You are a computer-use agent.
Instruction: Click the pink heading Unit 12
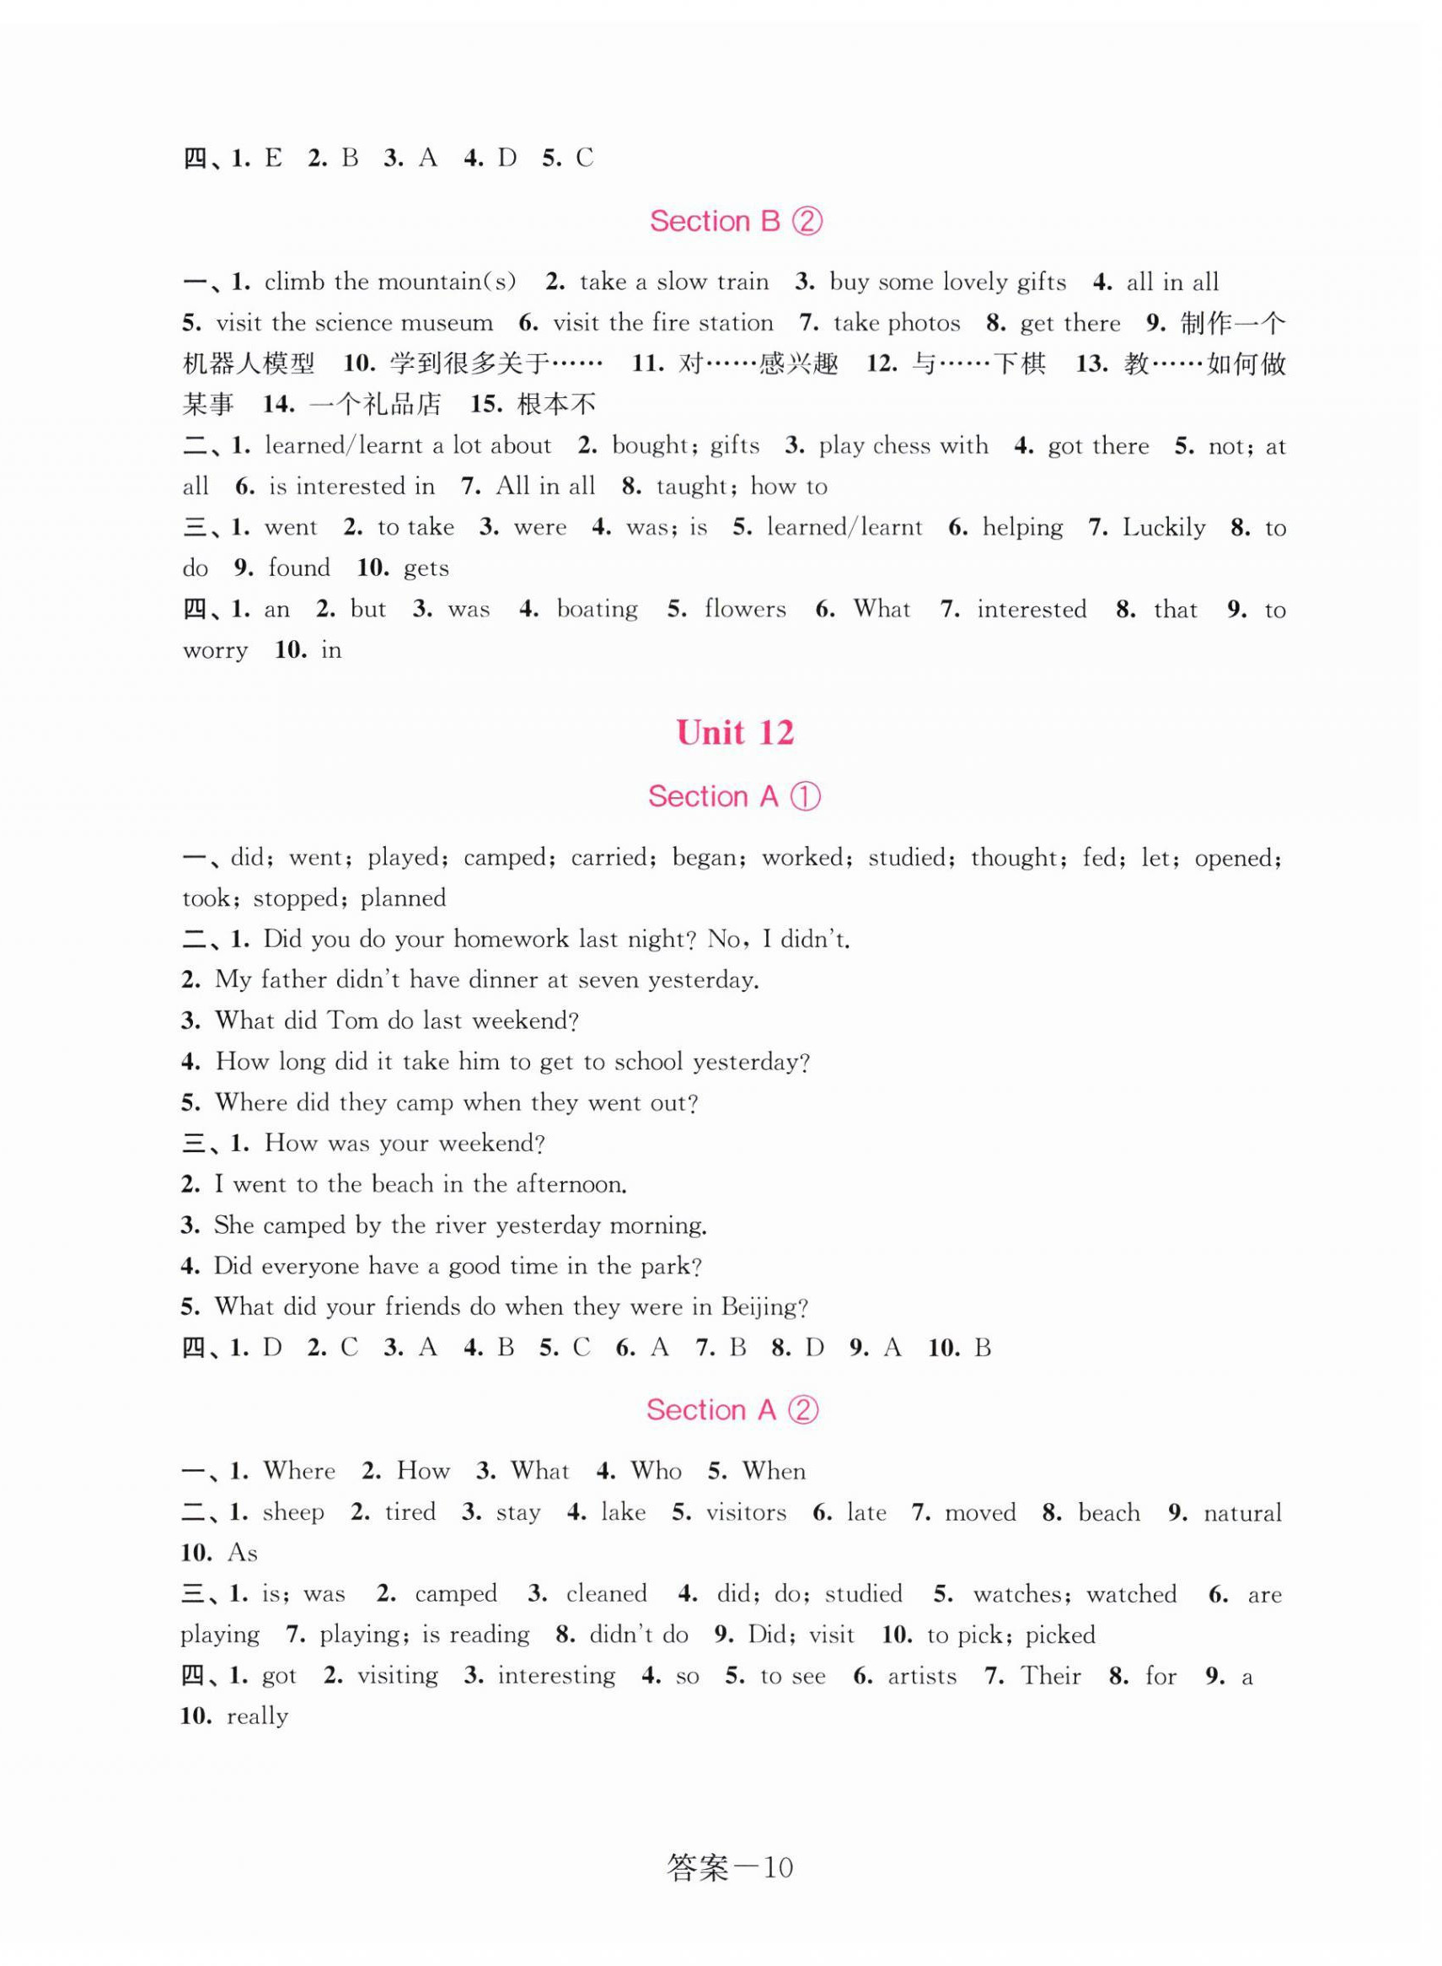tap(735, 733)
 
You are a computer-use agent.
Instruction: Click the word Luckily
tap(1164, 527)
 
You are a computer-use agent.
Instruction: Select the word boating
tap(597, 609)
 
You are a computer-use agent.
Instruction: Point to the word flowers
tap(744, 609)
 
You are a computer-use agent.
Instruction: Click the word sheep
tap(293, 1512)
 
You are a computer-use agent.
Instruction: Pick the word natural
tap(1242, 1512)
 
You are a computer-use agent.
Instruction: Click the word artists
tap(922, 1675)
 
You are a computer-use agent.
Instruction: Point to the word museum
tap(449, 323)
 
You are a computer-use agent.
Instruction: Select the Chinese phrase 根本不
tap(557, 404)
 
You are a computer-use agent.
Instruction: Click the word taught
tap(691, 487)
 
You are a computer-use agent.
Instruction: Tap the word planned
tap(402, 898)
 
